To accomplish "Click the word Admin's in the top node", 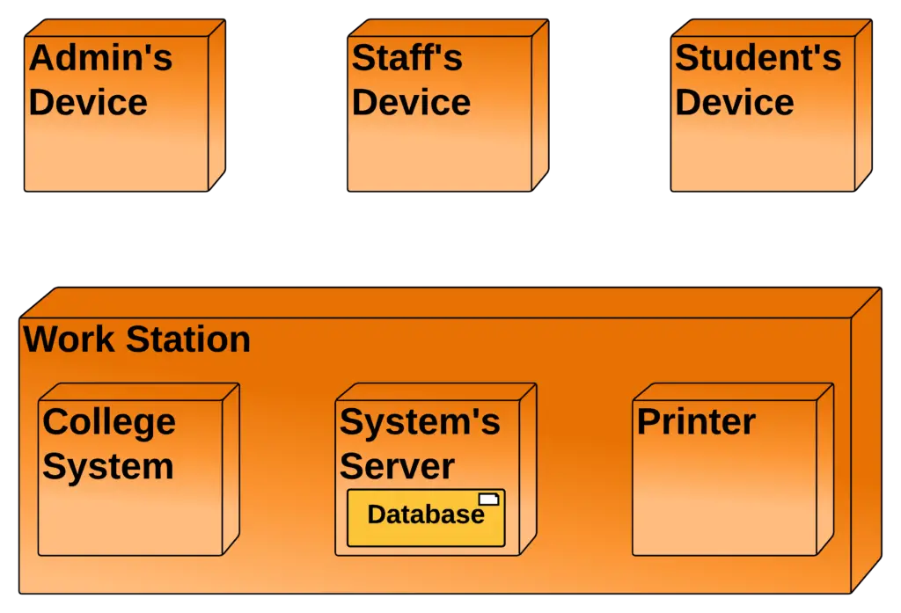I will tap(100, 59).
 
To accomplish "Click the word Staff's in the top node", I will tap(407, 59).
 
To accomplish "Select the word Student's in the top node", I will tap(758, 59).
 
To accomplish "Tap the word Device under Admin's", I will tap(88, 102).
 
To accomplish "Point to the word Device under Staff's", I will tap(411, 102).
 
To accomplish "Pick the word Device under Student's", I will tap(734, 102).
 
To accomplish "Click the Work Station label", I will tap(136, 339).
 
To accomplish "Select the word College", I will tap(109, 422).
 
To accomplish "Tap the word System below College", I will tap(107, 466).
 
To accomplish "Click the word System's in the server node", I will tap(420, 422).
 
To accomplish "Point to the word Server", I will tap(397, 466).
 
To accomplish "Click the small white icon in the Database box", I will tap(488, 500).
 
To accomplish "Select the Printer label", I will tap(695, 422).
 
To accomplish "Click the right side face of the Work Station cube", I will tap(866, 440).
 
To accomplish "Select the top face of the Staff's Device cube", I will tap(449, 28).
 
